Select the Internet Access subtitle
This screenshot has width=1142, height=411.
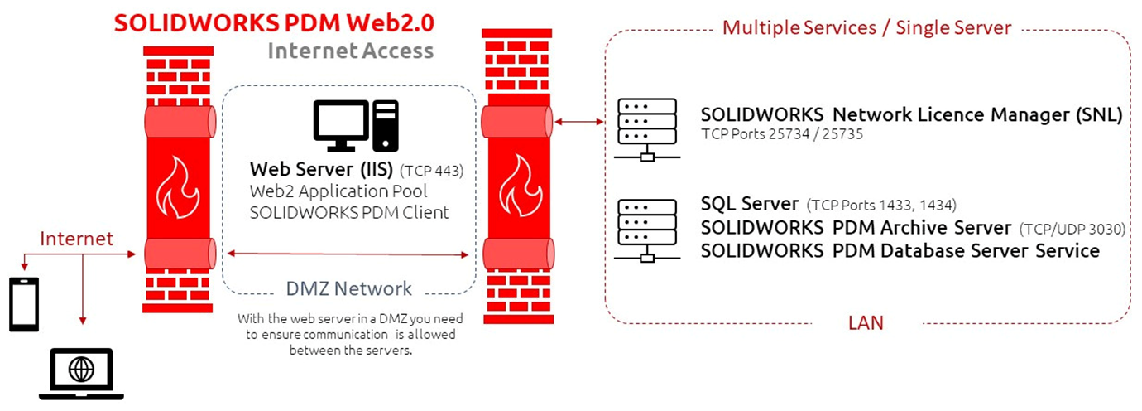click(x=350, y=51)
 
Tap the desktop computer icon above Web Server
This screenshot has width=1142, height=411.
click(x=355, y=126)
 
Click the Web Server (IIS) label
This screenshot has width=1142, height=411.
click(x=321, y=171)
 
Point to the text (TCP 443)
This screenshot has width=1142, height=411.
click(x=431, y=172)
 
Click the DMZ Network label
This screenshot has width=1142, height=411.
click(x=348, y=288)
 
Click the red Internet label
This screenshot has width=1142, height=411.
click(x=77, y=239)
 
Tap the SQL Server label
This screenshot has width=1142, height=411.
click(x=749, y=204)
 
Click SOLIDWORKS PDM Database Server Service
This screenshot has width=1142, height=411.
click(x=900, y=250)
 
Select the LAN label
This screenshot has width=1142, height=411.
click(x=866, y=323)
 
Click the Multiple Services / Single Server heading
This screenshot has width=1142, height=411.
click(x=866, y=27)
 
